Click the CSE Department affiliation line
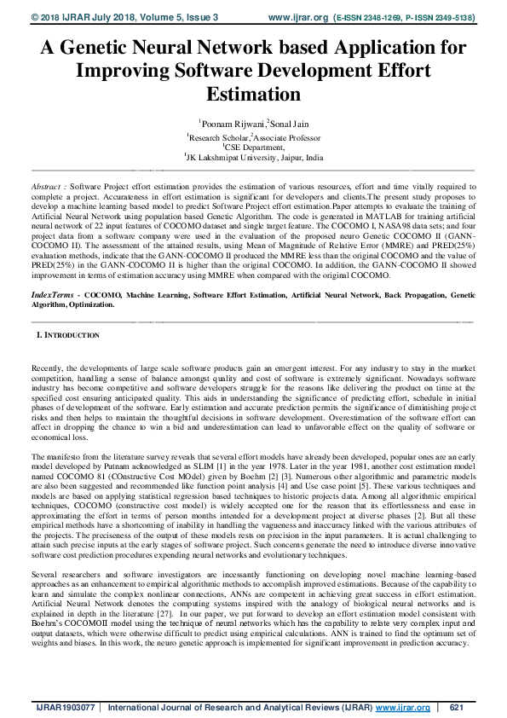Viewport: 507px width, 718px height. coord(254,147)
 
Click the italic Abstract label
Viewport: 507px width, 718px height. coord(48,185)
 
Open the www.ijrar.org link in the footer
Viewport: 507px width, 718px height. coord(404,708)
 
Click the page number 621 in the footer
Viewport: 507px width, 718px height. coord(455,708)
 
